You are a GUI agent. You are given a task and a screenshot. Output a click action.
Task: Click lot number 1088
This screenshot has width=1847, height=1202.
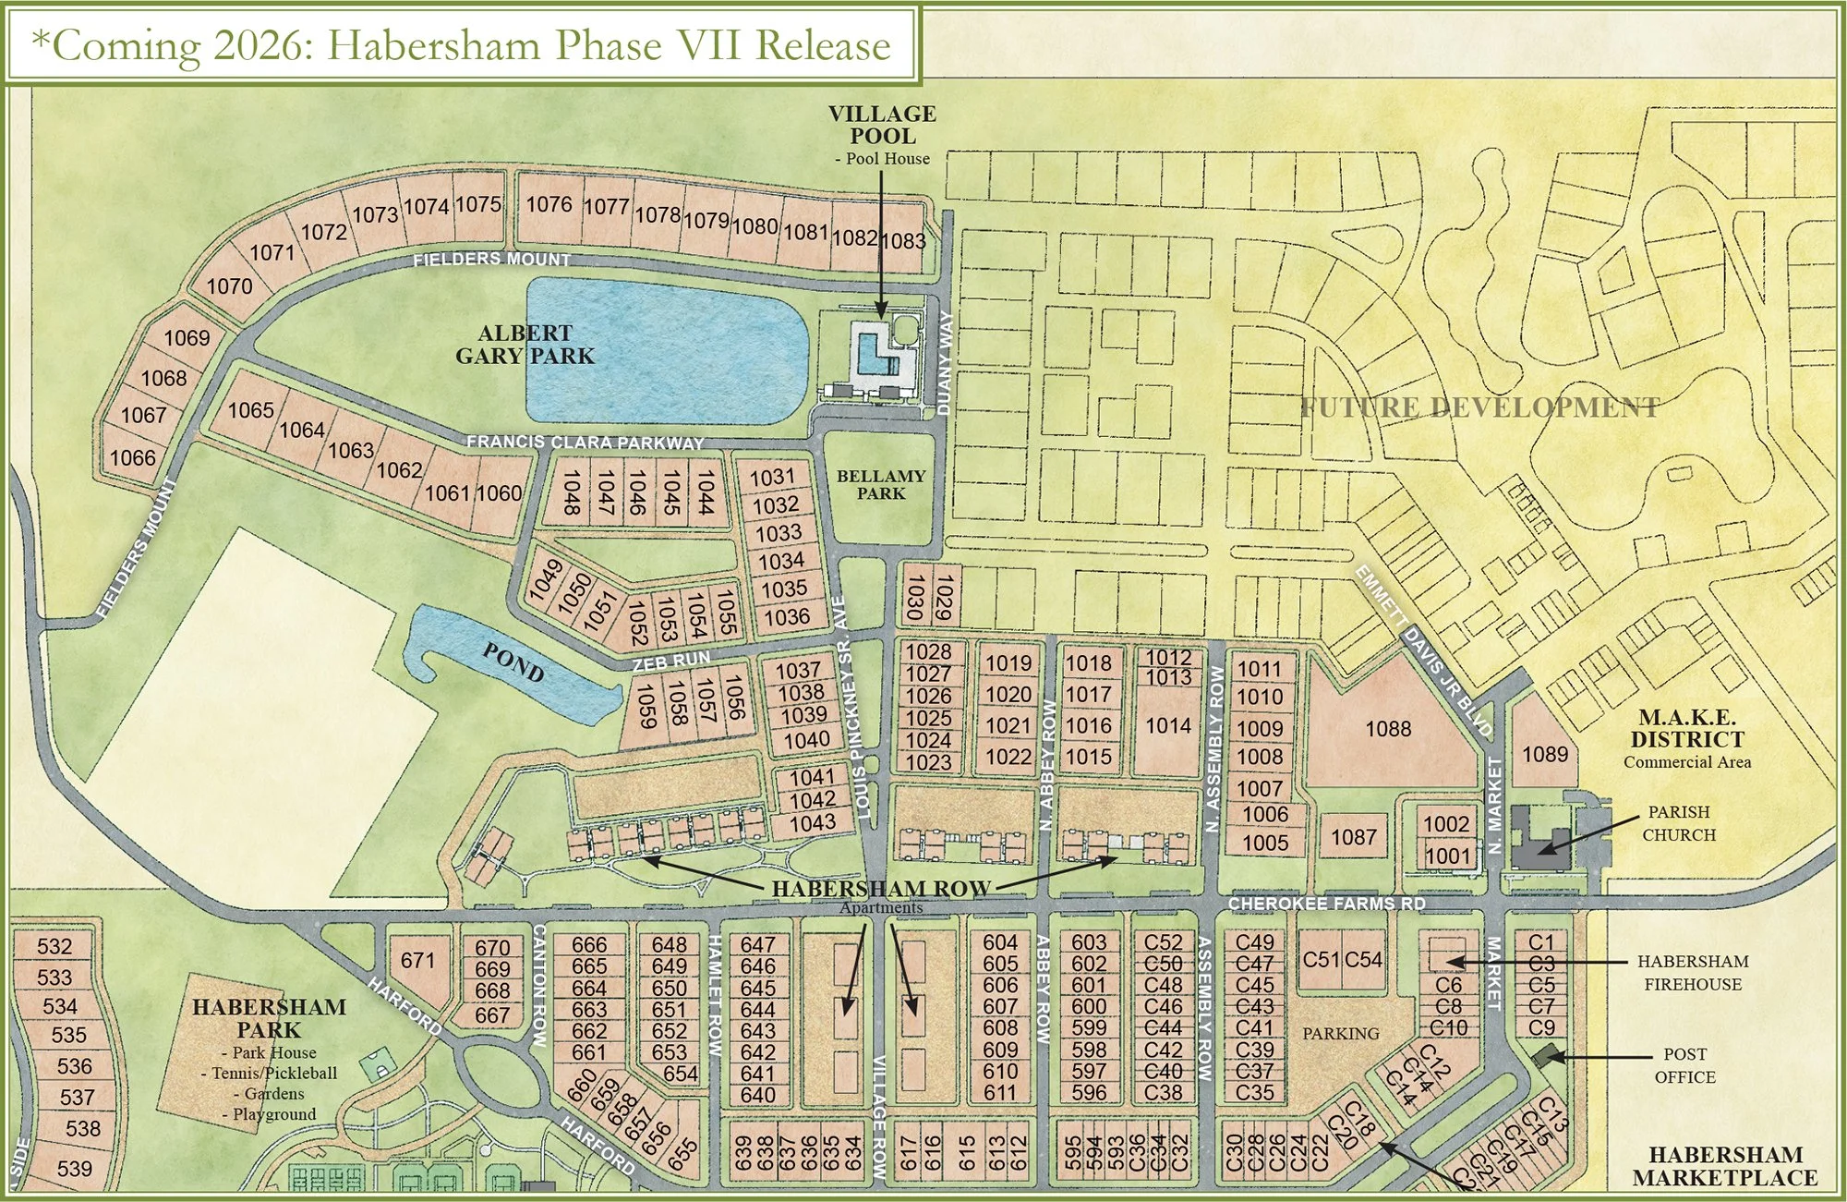[x=1388, y=729]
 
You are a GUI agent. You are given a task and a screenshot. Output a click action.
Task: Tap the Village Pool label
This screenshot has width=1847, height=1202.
[x=882, y=125]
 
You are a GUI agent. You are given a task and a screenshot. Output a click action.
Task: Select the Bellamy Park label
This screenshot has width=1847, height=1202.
[x=880, y=484]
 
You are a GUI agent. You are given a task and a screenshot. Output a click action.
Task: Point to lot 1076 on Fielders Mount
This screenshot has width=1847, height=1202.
[x=549, y=204]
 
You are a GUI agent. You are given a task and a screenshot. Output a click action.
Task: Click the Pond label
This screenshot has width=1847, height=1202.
[x=513, y=662]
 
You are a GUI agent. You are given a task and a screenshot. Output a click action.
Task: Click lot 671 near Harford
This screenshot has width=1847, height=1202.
[x=417, y=961]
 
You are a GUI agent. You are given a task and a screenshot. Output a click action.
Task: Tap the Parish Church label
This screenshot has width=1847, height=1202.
[x=1678, y=823]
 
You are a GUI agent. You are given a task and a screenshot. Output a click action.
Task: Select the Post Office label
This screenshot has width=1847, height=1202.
[x=1684, y=1065]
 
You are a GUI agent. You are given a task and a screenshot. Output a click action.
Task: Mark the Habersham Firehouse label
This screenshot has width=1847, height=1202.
[x=1692, y=973]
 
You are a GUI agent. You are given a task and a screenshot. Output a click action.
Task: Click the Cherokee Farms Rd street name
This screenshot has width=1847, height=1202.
[x=1326, y=904]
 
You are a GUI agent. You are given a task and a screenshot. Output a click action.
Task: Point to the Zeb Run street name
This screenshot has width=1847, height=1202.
[x=671, y=661]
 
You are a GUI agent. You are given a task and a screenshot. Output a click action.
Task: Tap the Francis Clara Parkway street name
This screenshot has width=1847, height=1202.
[x=585, y=443]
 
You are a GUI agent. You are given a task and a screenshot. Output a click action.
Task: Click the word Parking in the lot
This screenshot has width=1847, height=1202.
[x=1340, y=1034]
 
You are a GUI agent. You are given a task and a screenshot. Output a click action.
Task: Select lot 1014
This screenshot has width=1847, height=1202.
[x=1168, y=726]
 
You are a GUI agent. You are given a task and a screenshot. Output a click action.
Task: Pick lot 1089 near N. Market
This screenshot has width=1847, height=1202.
[x=1545, y=754]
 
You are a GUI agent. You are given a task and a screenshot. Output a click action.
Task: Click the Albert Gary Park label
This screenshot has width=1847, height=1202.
[x=525, y=345]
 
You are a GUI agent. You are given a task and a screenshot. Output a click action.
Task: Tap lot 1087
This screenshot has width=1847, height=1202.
[x=1353, y=837]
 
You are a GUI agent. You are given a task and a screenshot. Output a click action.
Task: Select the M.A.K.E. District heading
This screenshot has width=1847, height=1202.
[x=1686, y=728]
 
